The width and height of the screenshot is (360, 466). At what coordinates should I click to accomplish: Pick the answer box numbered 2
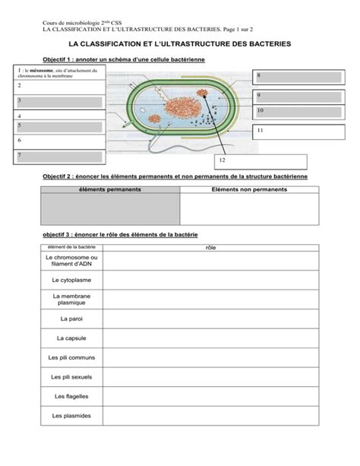pos(58,87)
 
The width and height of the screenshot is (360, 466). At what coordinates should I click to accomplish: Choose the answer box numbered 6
pos(58,141)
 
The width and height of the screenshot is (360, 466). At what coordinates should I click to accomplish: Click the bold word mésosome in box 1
pos(41,71)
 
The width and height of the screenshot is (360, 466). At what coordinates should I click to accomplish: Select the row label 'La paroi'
pos(71,319)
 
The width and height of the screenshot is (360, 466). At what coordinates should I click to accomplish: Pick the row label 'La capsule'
pos(71,338)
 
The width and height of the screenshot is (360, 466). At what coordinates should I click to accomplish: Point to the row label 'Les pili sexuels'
pos(71,376)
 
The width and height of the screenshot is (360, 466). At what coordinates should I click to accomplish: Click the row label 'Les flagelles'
pos(71,396)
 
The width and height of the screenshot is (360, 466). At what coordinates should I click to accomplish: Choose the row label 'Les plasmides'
pos(71,416)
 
